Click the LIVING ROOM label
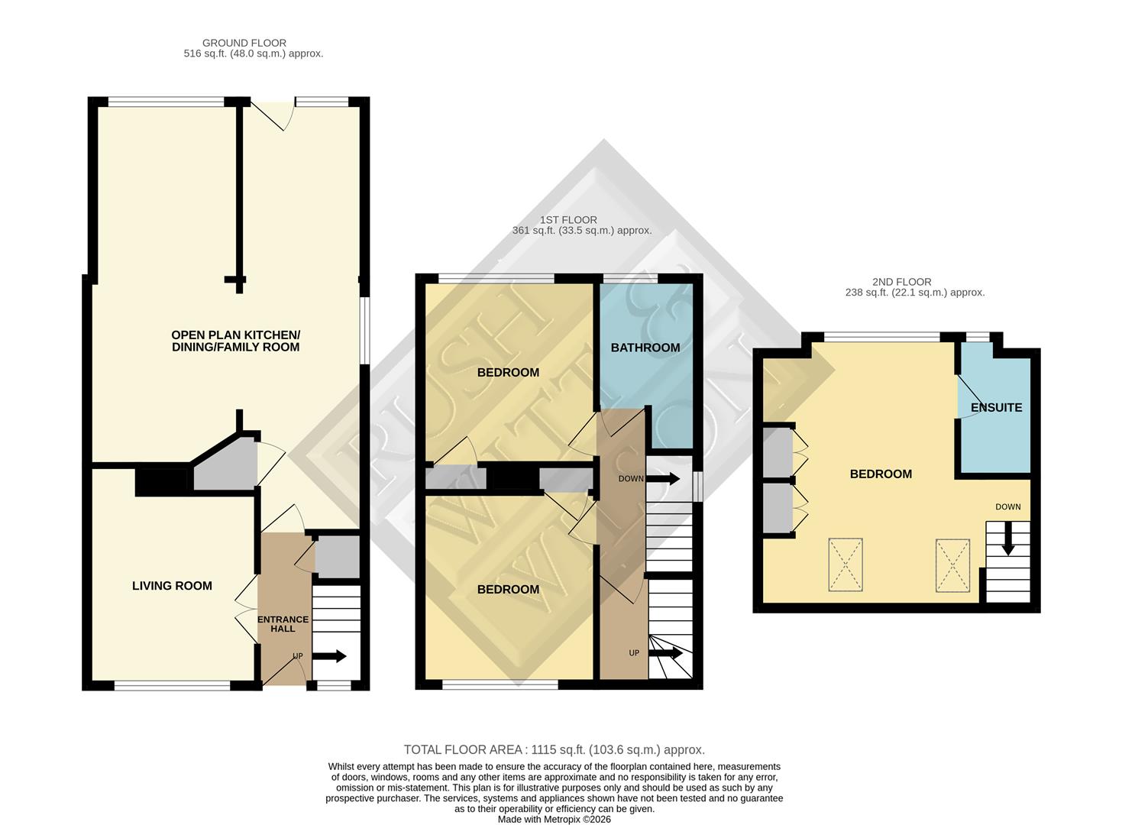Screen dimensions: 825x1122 (x=172, y=586)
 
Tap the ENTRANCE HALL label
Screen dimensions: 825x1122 (x=283, y=624)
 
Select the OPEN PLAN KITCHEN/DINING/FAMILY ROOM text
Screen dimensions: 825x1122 (x=235, y=341)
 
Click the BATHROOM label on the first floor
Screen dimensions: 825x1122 (x=645, y=348)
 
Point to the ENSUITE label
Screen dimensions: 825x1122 (x=996, y=408)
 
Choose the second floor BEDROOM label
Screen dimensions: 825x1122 (x=881, y=474)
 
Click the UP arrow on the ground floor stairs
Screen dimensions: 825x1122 (x=330, y=656)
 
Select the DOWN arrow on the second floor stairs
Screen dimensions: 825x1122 (x=1007, y=538)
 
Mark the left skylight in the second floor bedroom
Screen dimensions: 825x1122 (x=846, y=565)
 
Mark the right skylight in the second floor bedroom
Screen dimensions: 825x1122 (x=952, y=565)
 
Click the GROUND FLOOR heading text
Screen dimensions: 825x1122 (x=244, y=44)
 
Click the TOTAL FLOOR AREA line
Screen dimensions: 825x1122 (x=554, y=750)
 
